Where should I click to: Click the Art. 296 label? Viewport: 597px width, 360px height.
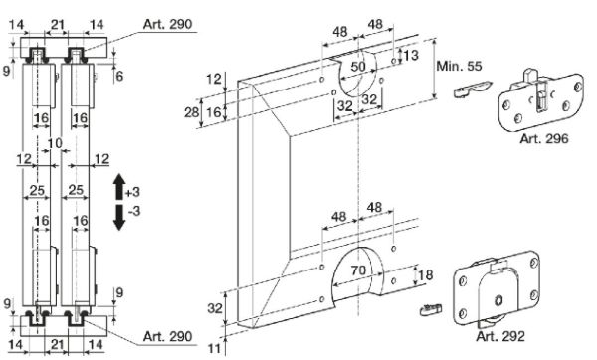tap(543, 139)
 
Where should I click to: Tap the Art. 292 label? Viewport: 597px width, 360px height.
tap(500, 336)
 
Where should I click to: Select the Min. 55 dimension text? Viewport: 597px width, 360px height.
tap(459, 67)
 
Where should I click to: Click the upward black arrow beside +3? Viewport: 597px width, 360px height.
tap(119, 187)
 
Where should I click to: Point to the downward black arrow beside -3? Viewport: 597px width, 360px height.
tap(119, 218)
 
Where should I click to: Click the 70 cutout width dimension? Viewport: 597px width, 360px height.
tap(358, 270)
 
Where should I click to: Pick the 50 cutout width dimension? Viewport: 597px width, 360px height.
tap(358, 67)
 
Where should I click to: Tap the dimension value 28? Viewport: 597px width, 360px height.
tap(192, 112)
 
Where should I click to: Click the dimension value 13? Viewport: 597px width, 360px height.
tap(411, 56)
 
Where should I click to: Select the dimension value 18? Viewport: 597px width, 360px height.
tap(425, 274)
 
